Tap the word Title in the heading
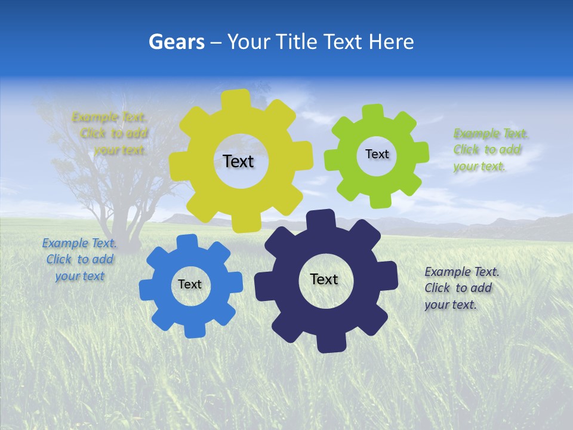pos(297,42)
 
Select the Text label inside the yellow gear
pos(238,161)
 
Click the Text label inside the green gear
pos(377,154)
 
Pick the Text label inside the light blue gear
pos(190,284)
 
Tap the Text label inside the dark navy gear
pos(324,279)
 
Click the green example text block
pos(487,149)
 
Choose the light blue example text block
pos(79,259)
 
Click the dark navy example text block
pos(461,288)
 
